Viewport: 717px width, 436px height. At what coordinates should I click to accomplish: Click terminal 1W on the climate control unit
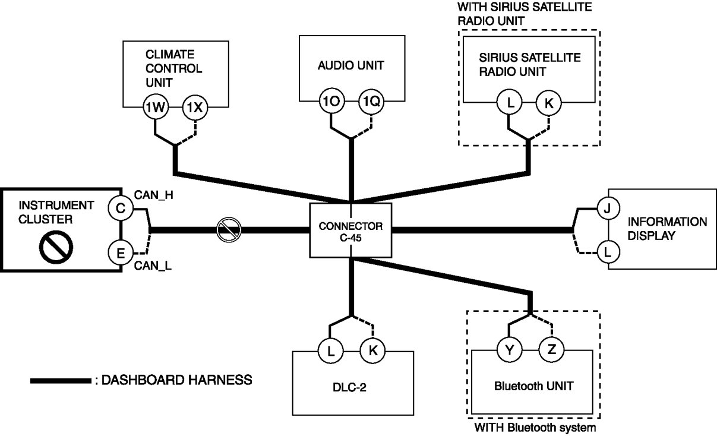[156, 107]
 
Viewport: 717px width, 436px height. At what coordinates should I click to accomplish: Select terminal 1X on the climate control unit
[195, 107]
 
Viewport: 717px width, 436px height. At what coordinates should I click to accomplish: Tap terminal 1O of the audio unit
[330, 102]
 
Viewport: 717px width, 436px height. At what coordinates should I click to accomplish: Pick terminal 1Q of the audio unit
[371, 102]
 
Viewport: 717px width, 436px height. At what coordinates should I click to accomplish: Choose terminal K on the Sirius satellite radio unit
[548, 103]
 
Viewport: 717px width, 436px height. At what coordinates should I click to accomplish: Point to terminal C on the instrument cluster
[120, 208]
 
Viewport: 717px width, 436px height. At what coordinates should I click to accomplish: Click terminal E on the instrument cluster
[120, 254]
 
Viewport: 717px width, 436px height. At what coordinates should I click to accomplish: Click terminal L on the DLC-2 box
[330, 350]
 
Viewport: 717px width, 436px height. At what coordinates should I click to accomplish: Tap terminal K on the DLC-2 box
[372, 350]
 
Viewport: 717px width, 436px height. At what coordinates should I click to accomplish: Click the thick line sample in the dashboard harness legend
[59, 380]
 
